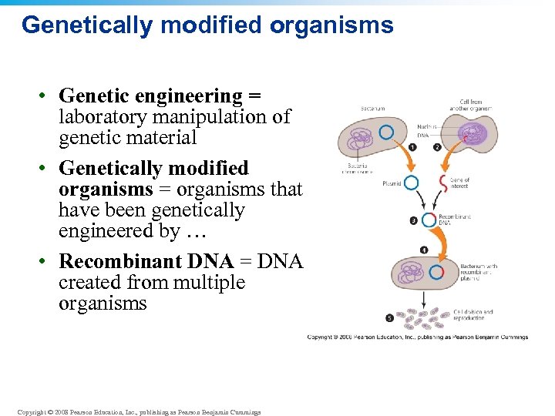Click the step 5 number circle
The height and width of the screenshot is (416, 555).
click(389, 317)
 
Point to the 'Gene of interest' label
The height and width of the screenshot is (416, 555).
click(460, 183)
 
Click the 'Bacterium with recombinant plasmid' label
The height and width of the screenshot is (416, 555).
click(479, 271)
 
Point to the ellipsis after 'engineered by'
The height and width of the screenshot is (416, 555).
click(199, 230)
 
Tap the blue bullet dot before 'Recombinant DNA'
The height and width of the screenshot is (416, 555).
click(45, 261)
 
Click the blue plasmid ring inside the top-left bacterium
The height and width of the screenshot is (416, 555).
click(386, 133)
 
